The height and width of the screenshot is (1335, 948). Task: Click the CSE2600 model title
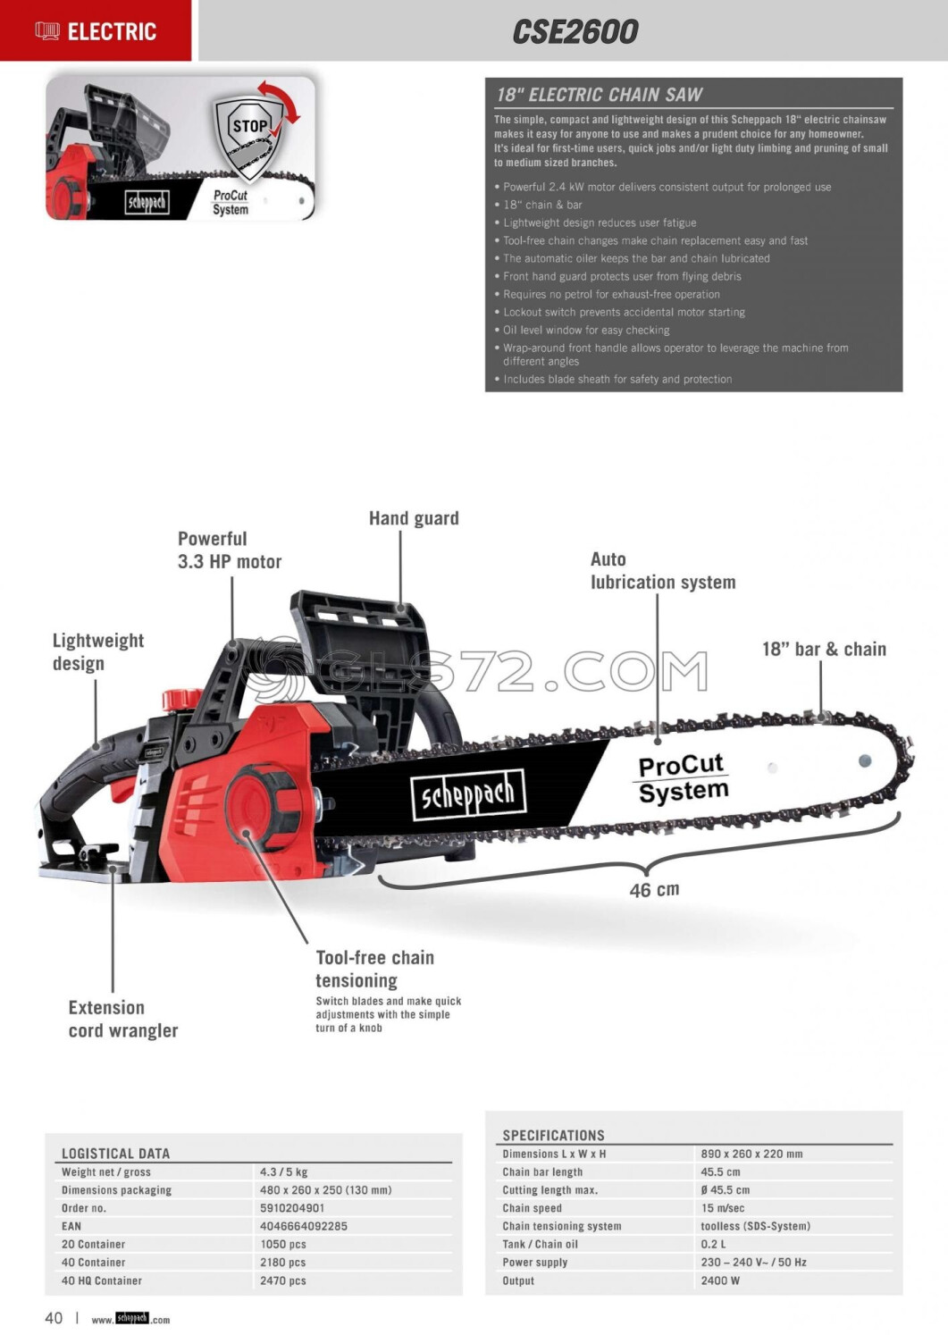pos(575,32)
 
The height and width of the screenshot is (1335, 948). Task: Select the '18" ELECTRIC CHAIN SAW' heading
pos(600,95)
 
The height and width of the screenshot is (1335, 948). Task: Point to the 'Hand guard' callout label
pos(414,518)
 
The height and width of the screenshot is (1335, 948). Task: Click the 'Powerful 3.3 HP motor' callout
pos(230,550)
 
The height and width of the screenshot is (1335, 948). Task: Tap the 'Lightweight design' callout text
pos(97,651)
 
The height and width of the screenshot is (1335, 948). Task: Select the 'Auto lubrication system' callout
pos(663,571)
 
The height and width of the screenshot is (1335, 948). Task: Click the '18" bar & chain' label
pos(824,650)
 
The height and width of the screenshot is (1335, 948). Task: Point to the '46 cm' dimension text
pos(654,890)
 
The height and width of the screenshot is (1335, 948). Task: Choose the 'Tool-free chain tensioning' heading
pos(375,969)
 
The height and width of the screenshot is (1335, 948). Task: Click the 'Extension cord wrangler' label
pos(123,1019)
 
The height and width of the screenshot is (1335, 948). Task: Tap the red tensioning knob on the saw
pos(261,808)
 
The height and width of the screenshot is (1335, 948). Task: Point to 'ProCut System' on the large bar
pos(683,778)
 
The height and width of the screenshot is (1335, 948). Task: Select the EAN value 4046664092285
pos(304,1226)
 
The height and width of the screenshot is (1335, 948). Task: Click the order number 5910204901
pos(292,1208)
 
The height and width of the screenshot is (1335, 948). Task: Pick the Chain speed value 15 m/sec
pos(722,1208)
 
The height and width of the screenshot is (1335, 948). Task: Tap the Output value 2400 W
pos(720,1280)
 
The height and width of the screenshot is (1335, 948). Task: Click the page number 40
pos(54,1318)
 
